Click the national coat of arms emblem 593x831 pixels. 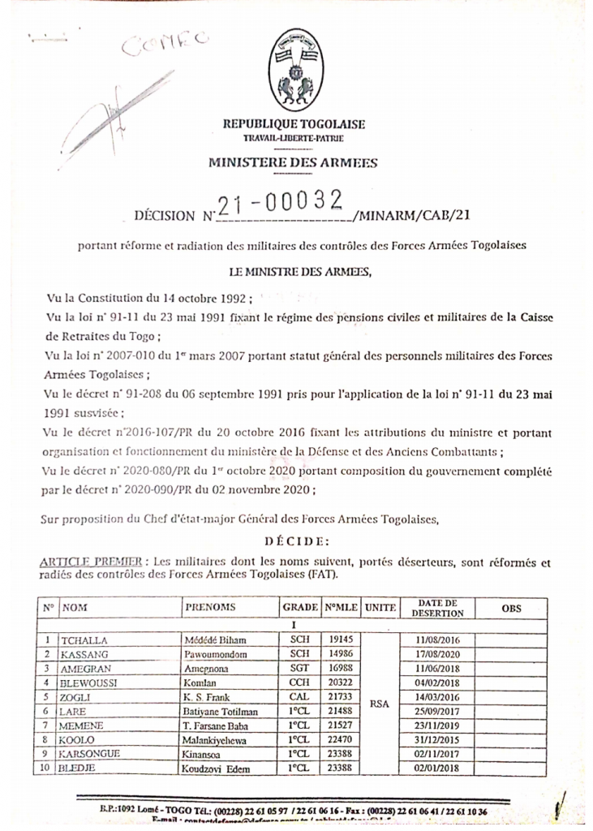[293, 71]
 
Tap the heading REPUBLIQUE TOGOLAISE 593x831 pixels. [294, 124]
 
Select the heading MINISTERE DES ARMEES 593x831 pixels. [293, 162]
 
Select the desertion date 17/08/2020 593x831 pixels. [437, 654]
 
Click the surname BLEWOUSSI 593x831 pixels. [89, 682]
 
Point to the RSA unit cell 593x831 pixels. [380, 704]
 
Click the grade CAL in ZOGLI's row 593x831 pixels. [299, 697]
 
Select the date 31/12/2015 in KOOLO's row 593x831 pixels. [437, 741]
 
